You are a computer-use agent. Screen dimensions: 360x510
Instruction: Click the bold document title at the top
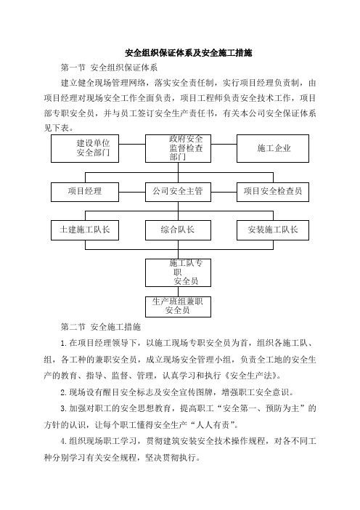[189, 53]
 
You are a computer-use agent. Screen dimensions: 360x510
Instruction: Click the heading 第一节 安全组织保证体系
[109, 68]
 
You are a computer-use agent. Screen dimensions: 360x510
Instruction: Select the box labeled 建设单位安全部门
[85, 148]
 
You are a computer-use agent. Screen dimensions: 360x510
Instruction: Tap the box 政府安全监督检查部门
[178, 148]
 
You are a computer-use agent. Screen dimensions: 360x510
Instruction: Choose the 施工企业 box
[273, 148]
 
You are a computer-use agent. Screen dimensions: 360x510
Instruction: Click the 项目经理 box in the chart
[85, 192]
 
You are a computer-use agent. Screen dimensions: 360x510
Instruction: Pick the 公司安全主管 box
[178, 192]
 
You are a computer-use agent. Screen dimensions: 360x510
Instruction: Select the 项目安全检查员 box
[273, 192]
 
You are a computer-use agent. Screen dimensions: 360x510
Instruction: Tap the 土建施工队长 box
[85, 230]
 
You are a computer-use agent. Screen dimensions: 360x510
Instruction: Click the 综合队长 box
[178, 230]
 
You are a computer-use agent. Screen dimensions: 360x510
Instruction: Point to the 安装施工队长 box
[273, 230]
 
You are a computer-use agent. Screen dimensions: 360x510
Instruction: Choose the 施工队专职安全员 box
[178, 272]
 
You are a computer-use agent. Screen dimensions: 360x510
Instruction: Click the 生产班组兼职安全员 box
[178, 307]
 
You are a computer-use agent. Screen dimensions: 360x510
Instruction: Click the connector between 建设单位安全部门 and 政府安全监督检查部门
[132, 144]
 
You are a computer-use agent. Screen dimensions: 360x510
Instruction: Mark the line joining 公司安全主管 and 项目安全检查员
[224, 192]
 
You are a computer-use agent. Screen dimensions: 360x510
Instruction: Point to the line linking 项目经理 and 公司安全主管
[132, 192]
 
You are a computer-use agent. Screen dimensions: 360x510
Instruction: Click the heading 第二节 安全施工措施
[101, 327]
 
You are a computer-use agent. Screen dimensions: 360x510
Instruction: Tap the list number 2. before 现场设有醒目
[64, 392]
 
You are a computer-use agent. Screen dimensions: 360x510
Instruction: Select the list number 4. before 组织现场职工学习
[64, 442]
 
